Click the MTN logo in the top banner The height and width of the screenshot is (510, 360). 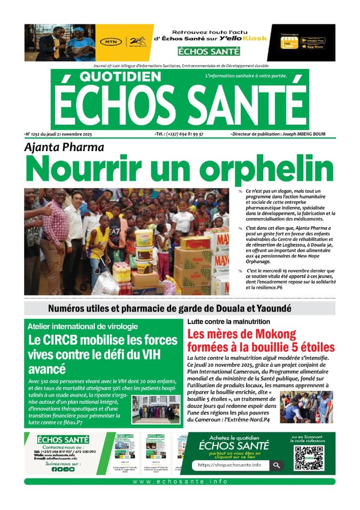coord(110,42)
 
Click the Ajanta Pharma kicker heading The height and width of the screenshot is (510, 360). coord(64,147)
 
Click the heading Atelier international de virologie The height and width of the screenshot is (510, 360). coord(83,326)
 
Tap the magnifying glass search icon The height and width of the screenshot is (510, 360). coord(276,465)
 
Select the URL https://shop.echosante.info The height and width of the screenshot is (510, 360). coord(229,465)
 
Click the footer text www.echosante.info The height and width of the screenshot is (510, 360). coord(180,481)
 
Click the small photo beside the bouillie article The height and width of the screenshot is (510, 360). coord(307,407)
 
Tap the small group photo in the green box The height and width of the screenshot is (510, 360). coord(155,409)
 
